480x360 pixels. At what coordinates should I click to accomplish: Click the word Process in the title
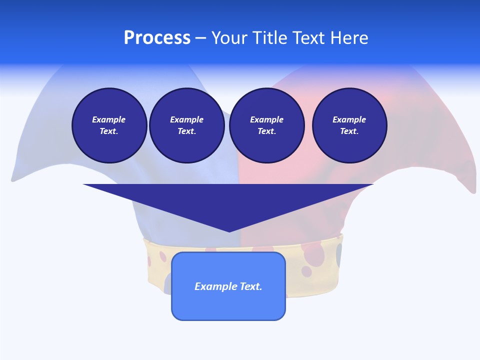tap(157, 38)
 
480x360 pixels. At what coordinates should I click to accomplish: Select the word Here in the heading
tap(349, 38)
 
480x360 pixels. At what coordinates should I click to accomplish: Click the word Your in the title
tap(230, 38)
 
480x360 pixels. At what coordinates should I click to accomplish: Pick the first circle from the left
tap(109, 125)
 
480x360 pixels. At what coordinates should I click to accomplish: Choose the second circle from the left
tap(186, 125)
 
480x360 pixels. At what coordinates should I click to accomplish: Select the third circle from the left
tap(266, 125)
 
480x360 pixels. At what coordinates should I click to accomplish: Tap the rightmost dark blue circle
tap(349, 125)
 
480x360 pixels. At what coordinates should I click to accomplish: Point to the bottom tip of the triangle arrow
tap(229, 231)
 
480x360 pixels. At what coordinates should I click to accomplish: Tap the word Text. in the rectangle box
tap(251, 286)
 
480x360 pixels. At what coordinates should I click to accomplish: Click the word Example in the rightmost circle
tap(349, 119)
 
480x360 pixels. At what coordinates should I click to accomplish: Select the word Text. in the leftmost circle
tap(109, 131)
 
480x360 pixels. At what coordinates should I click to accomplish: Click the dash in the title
tap(200, 38)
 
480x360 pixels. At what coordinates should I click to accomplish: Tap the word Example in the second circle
tap(186, 119)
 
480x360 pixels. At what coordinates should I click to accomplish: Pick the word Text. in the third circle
tap(266, 131)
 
